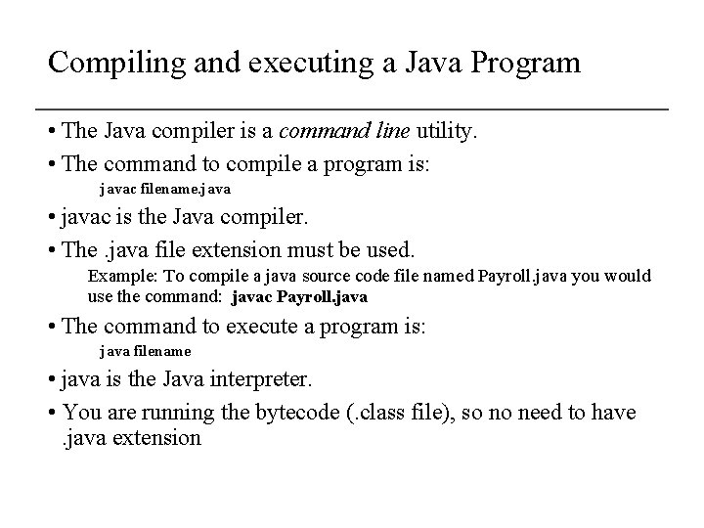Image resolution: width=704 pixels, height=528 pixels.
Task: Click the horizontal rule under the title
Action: [x=351, y=107]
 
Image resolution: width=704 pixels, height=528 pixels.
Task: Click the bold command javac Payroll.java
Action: [x=300, y=295]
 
